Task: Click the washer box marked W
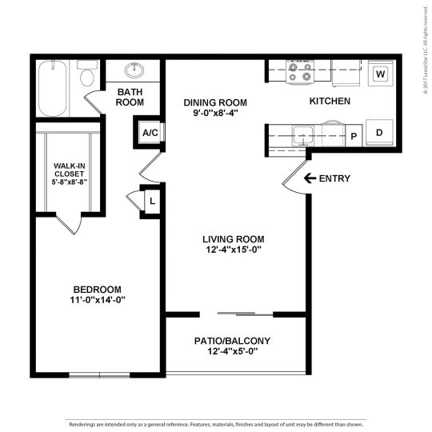pyautogui.click(x=380, y=74)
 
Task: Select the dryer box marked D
pyautogui.click(x=379, y=132)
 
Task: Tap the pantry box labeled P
pyautogui.click(x=353, y=136)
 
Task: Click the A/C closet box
pyautogui.click(x=150, y=133)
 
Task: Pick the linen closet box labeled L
pyautogui.click(x=151, y=201)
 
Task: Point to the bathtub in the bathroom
pyautogui.click(x=54, y=87)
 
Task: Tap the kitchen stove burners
pyautogui.click(x=300, y=74)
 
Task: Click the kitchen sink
pyautogui.click(x=303, y=133)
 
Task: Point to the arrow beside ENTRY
pyautogui.click(x=309, y=178)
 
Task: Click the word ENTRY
pyautogui.click(x=334, y=178)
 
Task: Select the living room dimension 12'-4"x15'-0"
pyautogui.click(x=233, y=250)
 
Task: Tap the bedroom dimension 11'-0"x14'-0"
pyautogui.click(x=97, y=299)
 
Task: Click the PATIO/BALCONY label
pyautogui.click(x=233, y=340)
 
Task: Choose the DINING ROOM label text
pyautogui.click(x=214, y=102)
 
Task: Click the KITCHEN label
pyautogui.click(x=330, y=102)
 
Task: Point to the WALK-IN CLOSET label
pyautogui.click(x=69, y=174)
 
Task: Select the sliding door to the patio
pyautogui.click(x=236, y=314)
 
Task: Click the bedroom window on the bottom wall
pyautogui.click(x=98, y=374)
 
